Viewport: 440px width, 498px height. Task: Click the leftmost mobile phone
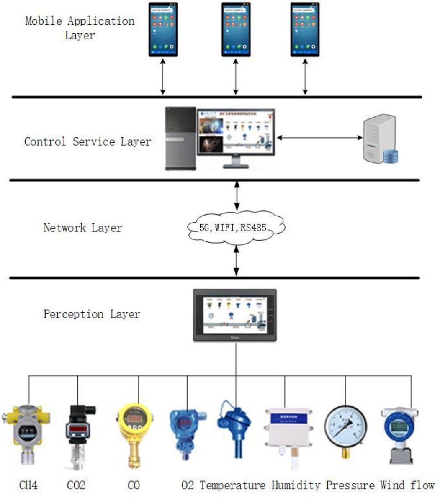tap(163, 29)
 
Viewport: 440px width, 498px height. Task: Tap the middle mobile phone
tap(236, 29)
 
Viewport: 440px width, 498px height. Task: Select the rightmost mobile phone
tap(305, 29)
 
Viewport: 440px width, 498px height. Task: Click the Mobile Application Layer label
tap(80, 28)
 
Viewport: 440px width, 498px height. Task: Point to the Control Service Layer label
tap(87, 141)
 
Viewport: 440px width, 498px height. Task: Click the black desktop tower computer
tap(180, 139)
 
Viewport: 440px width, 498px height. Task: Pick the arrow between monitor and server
tap(320, 137)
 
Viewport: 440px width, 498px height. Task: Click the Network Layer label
tap(82, 228)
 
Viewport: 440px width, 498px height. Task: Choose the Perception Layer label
tap(92, 314)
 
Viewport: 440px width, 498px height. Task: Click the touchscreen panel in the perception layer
tap(235, 315)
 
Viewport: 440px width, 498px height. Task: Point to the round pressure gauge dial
tap(346, 427)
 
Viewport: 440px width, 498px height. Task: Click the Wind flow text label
tap(407, 485)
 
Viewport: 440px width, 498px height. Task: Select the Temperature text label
tap(232, 485)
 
